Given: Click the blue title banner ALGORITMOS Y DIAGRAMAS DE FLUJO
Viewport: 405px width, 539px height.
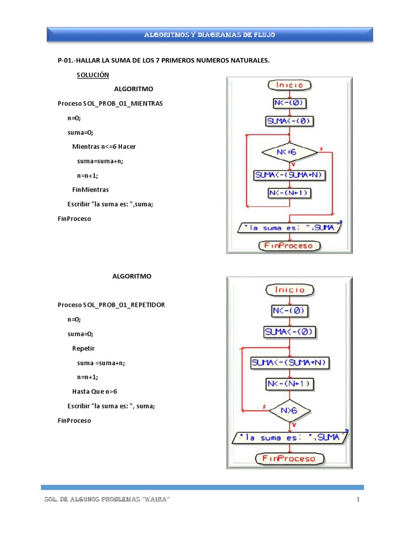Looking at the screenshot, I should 210,35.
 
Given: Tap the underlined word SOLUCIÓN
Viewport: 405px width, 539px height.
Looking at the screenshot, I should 93,75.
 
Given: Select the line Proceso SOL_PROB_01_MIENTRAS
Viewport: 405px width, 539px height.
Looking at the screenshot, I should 110,104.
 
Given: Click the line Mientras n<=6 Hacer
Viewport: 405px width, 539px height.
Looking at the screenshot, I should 104,146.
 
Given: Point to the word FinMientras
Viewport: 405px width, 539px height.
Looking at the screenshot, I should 90,189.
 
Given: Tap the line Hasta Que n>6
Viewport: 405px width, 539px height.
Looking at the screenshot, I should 94,391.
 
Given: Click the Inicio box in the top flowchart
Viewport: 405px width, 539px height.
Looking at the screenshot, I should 290,85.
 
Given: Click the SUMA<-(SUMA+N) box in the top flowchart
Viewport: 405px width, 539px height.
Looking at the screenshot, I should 290,175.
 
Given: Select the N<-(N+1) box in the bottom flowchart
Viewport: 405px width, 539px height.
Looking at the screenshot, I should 290,383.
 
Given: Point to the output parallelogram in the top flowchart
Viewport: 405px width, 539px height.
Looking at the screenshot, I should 290,228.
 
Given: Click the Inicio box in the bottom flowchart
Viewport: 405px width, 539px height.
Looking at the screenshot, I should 290,290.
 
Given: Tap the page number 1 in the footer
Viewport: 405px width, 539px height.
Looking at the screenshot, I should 358,500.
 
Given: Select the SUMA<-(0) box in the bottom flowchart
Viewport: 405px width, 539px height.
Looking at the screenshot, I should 290,332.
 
